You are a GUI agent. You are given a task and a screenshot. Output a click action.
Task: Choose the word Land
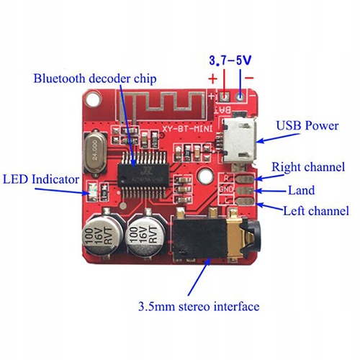tap(302, 190)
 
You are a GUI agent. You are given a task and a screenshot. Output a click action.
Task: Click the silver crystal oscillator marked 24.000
tap(94, 149)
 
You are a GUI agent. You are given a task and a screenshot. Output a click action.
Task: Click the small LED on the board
tap(91, 192)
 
